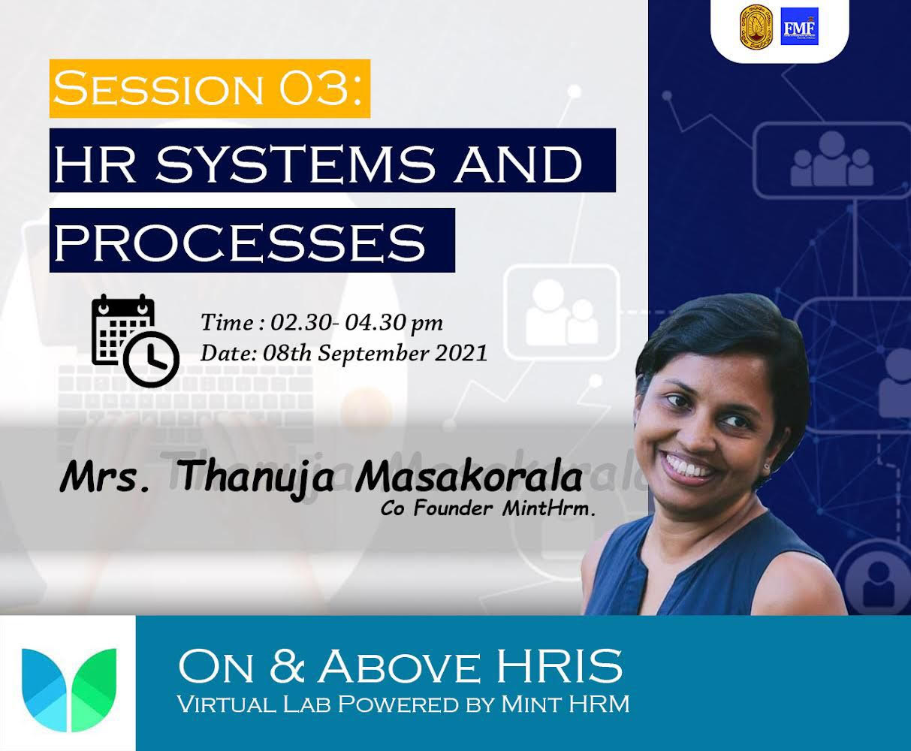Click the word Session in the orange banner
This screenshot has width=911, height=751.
pyautogui.click(x=158, y=89)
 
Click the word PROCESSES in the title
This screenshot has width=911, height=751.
pyautogui.click(x=239, y=241)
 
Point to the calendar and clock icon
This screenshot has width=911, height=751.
pyautogui.click(x=135, y=341)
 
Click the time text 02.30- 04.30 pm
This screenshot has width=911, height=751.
pyautogui.click(x=357, y=323)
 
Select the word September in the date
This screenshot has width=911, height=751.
pyautogui.click(x=372, y=354)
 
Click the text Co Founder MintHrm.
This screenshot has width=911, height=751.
pyautogui.click(x=487, y=508)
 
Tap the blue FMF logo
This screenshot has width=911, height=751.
pyautogui.click(x=800, y=26)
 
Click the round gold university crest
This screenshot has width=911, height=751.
pyautogui.click(x=756, y=26)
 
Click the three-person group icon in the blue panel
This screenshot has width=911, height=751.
pyautogui.click(x=831, y=160)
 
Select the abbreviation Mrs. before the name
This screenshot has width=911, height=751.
pyautogui.click(x=104, y=478)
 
